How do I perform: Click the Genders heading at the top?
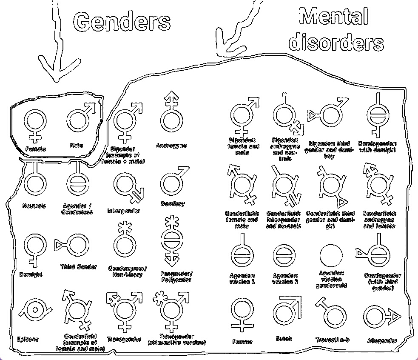pos(122,21)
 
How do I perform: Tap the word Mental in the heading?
pos(333,17)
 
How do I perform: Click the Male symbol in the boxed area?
pos(79,119)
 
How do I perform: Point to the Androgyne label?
pos(171,146)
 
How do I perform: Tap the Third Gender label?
pos(79,267)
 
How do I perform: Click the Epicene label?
pos(28,339)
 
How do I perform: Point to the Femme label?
pos(243,342)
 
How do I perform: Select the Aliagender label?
pos(382,341)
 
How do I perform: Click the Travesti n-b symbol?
pos(331,313)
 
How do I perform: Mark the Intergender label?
pos(124,211)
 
